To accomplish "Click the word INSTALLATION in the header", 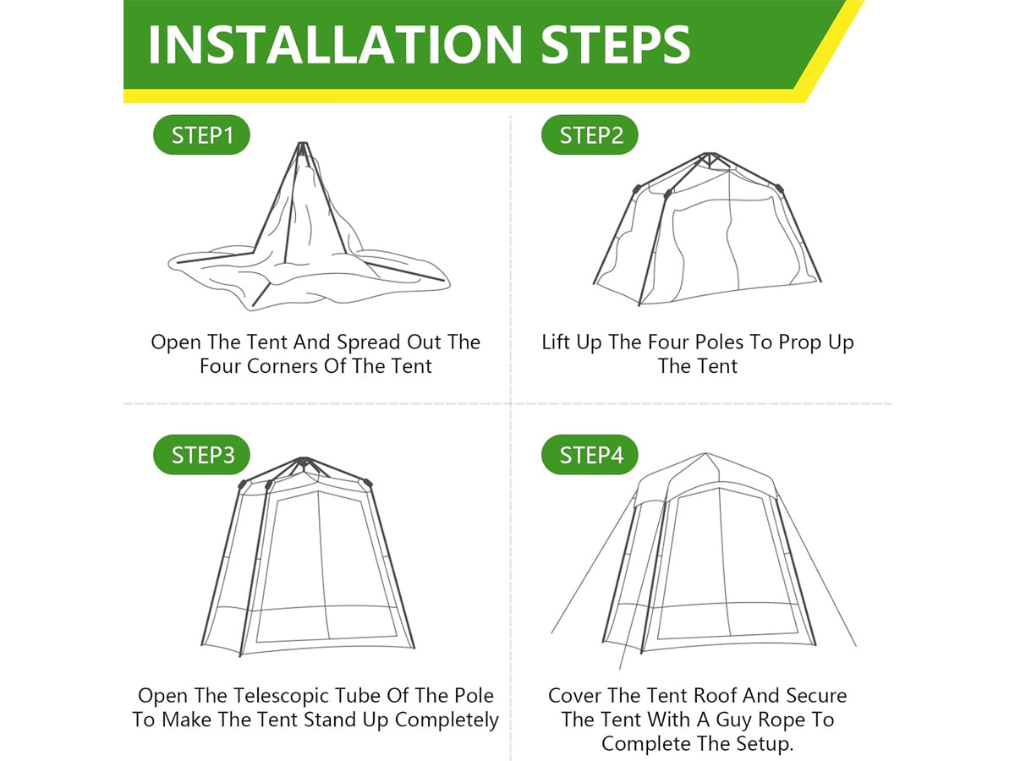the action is [x=335, y=44].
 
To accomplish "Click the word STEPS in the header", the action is [x=616, y=44].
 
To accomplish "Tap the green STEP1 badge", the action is [x=201, y=135].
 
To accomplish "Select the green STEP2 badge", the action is [x=590, y=135].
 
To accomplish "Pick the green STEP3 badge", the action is [x=201, y=455].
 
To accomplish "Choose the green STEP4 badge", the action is [x=590, y=455].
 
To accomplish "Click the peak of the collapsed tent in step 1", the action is [x=303, y=145].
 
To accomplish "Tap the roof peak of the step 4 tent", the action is [x=705, y=454].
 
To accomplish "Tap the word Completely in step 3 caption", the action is [x=447, y=720].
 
